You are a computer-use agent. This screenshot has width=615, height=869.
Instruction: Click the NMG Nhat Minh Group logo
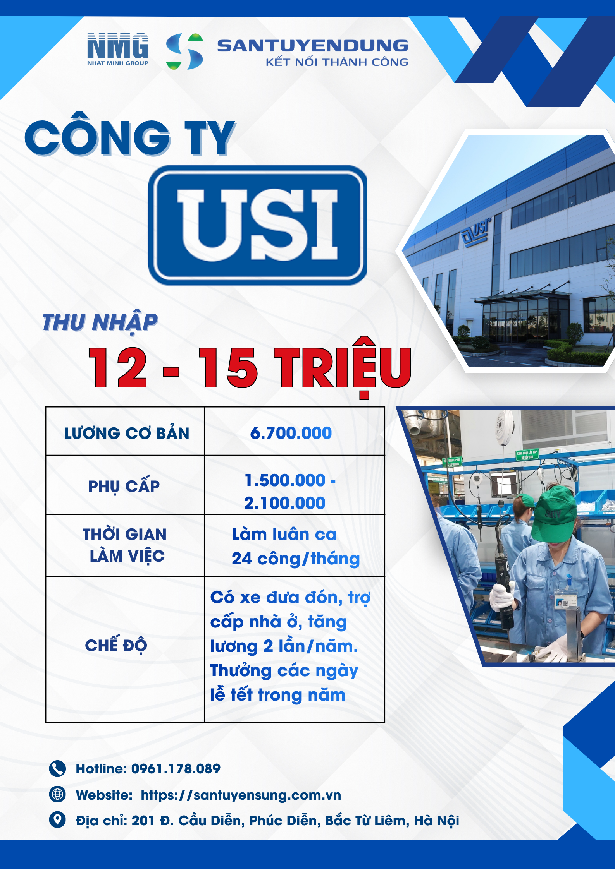(117, 49)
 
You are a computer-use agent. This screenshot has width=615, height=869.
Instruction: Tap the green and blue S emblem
(184, 51)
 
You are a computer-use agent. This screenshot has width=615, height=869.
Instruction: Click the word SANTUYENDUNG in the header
(312, 46)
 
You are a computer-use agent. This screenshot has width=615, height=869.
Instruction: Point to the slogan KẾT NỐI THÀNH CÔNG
(337, 62)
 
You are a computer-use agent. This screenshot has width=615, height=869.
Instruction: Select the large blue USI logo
(258, 225)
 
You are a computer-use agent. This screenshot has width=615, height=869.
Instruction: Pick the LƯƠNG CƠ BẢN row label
(126, 433)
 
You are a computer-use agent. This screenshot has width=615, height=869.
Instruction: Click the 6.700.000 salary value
(291, 433)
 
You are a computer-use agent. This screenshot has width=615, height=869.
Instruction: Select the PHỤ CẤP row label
(124, 487)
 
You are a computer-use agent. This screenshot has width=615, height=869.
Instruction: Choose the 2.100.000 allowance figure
(284, 503)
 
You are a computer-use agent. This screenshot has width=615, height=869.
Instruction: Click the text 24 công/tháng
(296, 559)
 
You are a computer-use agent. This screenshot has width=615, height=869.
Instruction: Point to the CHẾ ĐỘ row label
(116, 645)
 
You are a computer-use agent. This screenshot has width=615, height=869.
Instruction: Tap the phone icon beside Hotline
(57, 769)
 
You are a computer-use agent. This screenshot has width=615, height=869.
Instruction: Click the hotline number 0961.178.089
(176, 769)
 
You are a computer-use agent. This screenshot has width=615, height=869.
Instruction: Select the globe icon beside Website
(57, 794)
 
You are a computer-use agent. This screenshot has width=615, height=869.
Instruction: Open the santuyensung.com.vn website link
(241, 795)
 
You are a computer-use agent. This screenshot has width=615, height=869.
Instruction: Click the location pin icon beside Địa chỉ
(57, 820)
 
